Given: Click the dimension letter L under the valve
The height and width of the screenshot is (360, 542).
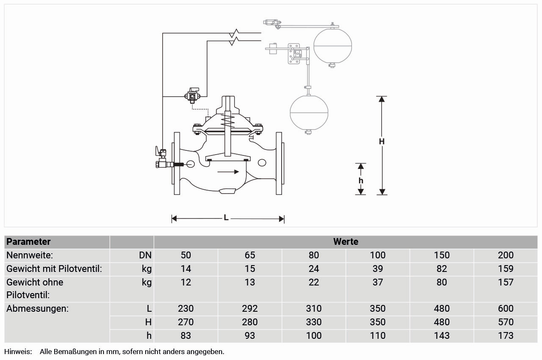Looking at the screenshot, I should click(x=226, y=218).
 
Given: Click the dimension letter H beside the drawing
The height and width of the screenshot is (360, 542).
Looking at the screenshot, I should click(x=382, y=141).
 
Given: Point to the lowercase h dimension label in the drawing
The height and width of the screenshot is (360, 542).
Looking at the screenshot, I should click(x=361, y=180).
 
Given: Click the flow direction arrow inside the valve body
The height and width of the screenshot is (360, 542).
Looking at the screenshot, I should click(x=228, y=172).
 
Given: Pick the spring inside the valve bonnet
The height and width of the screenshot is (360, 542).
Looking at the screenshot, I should click(x=228, y=121).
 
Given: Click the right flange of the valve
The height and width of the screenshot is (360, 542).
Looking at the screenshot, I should click(x=279, y=163).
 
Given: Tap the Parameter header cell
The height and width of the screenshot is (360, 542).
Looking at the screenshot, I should click(x=29, y=242).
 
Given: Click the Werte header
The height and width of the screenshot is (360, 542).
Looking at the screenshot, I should click(x=346, y=242).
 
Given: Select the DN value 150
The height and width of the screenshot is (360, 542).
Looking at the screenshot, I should click(x=442, y=255).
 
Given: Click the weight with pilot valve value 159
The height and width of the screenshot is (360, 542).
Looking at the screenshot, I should click(x=506, y=269).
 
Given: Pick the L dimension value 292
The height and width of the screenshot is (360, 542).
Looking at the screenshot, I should click(x=250, y=308).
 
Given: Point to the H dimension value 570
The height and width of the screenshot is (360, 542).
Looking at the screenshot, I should click(x=506, y=322).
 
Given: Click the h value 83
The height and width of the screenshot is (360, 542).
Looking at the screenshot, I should click(x=186, y=335).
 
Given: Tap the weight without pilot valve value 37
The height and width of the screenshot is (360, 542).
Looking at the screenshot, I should click(x=378, y=282).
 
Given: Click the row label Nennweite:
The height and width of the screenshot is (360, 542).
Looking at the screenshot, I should click(x=29, y=255).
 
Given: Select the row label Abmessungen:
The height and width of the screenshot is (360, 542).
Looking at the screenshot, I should click(x=37, y=308).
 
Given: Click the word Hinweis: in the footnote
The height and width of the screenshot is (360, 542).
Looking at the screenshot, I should click(x=18, y=352).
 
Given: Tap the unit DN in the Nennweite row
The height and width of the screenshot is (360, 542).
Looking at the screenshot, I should click(x=145, y=255).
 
